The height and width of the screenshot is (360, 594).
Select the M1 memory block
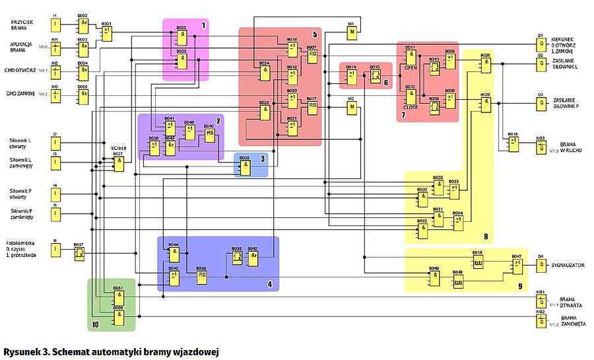pos(352,30)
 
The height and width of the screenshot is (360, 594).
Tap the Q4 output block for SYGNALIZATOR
pos(541,265)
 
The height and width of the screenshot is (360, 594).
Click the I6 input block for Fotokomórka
pos(56,250)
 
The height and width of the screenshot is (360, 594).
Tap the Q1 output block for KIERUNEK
pos(541,46)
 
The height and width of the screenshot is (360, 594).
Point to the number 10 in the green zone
pos(95,324)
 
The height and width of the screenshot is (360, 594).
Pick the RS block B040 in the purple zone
pos(209,134)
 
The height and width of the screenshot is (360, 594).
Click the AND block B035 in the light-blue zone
pos(245,168)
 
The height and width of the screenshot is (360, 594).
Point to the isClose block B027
pos(118,164)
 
